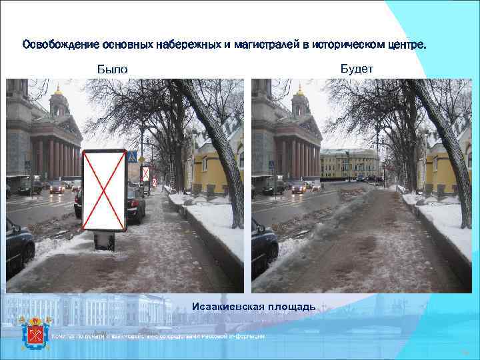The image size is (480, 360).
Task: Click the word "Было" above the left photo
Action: click(x=111, y=69)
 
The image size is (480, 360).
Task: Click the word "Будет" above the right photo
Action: click(x=357, y=68)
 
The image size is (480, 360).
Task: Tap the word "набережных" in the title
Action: click(x=189, y=45)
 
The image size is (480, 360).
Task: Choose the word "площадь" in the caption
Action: click(x=293, y=306)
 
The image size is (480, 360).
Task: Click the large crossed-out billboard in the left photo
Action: click(x=104, y=190)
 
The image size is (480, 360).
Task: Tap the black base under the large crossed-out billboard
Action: click(x=104, y=241)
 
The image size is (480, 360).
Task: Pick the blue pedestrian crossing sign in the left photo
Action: click(x=132, y=157)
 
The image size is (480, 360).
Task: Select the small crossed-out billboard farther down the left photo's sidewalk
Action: click(x=145, y=173)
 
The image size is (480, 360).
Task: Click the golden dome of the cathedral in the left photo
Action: click(x=59, y=89)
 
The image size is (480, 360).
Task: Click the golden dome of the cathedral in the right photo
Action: click(x=301, y=89)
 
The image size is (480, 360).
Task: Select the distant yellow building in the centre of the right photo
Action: click(x=349, y=163)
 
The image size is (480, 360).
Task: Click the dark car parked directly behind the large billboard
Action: click(x=135, y=203)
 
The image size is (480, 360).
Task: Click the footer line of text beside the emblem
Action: click(x=160, y=335)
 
